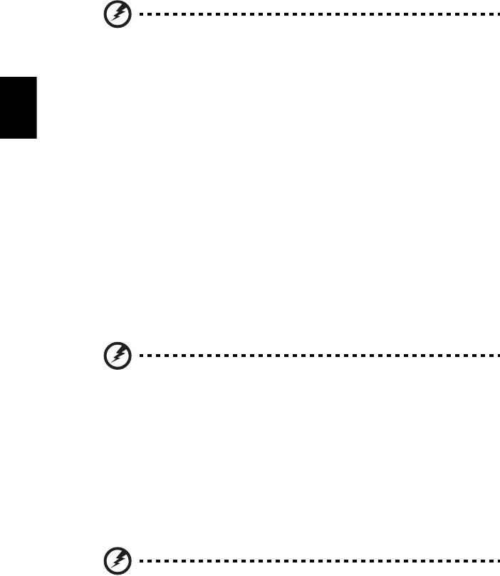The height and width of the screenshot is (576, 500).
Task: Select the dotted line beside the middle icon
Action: pyautogui.click(x=313, y=353)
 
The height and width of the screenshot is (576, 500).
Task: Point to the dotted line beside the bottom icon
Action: pyautogui.click(x=313, y=562)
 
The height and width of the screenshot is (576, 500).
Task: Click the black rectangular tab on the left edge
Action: pyautogui.click(x=18, y=105)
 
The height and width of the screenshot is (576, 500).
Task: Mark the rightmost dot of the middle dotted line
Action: pyautogui.click(x=491, y=353)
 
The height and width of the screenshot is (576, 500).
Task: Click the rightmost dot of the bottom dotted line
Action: pyautogui.click(x=491, y=562)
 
